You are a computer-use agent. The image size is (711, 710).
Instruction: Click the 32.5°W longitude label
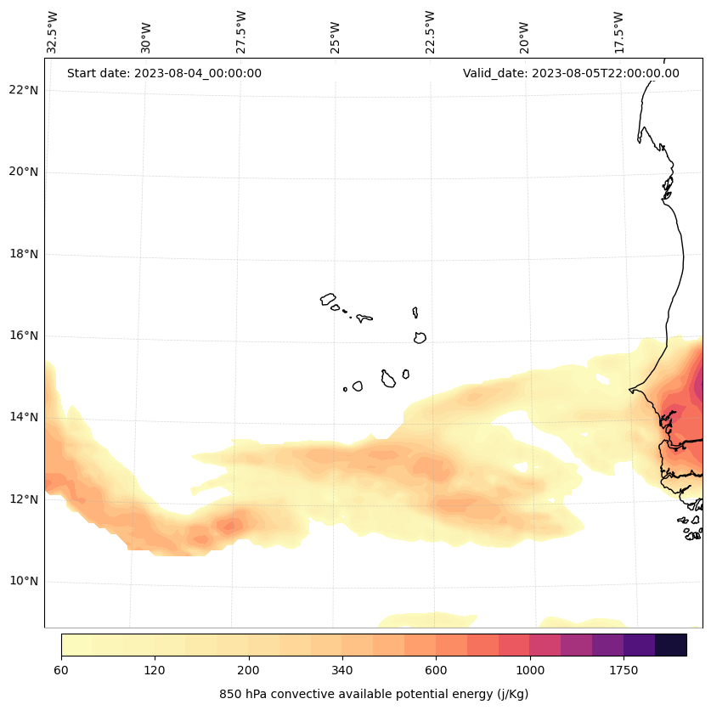53,32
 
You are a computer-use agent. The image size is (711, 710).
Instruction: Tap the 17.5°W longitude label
619,32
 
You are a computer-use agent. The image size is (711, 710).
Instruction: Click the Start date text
164,73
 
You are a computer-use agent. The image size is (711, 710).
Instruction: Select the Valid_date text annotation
571,73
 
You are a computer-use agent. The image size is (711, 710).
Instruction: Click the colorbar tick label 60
61,671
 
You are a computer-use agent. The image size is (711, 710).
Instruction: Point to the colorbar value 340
342,671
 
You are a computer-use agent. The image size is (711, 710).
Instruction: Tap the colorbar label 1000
530,671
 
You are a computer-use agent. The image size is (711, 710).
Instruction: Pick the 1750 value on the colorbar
624,671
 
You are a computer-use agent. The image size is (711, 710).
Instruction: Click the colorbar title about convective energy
374,694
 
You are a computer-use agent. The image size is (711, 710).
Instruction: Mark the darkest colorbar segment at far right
671,645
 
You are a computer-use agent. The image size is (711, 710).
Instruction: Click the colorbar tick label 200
249,671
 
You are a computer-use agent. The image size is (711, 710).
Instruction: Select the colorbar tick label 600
436,671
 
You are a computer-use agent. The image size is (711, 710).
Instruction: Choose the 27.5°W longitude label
241,32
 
